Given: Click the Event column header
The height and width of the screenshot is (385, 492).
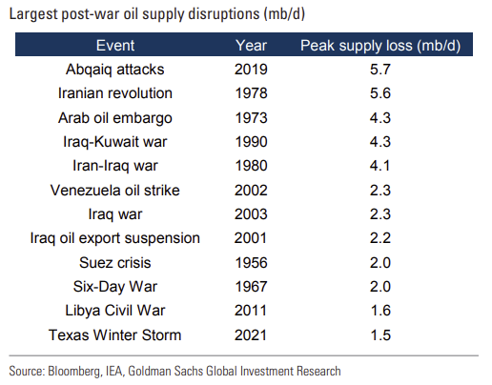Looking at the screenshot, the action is (x=115, y=45).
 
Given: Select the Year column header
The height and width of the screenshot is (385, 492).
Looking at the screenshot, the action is (x=251, y=45).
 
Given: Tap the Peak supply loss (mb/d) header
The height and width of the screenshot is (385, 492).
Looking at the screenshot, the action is (x=380, y=46).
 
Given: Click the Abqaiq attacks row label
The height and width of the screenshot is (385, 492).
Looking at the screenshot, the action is (x=114, y=70).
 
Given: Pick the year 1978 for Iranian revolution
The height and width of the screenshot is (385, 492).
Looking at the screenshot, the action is (x=251, y=93).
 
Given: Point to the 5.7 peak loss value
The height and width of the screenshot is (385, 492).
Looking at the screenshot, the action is (x=379, y=70).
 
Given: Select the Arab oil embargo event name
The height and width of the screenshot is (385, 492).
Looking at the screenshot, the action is (x=114, y=118).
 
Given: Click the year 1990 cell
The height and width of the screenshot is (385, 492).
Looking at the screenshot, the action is (x=251, y=142).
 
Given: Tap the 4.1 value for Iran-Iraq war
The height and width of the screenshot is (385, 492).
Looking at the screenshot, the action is (x=379, y=166).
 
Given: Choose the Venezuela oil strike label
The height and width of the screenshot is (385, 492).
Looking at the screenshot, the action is (x=114, y=191).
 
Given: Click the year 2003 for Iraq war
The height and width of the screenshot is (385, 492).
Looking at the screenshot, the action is (x=251, y=213).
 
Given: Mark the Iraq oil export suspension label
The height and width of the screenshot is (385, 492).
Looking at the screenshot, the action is (x=114, y=238).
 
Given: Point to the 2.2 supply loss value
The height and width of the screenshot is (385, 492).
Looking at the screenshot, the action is (x=379, y=238).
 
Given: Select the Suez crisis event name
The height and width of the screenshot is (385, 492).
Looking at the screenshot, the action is (x=114, y=263).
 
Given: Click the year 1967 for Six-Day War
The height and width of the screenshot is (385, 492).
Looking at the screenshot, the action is (x=251, y=287).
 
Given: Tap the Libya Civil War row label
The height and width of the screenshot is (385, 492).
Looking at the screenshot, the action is (x=114, y=311).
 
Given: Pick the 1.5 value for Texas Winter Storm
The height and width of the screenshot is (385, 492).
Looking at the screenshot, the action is (x=380, y=335).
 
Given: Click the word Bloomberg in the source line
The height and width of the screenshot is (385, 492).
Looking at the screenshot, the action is (x=73, y=371).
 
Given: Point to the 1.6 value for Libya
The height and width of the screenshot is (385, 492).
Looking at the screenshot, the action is (x=380, y=311).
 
